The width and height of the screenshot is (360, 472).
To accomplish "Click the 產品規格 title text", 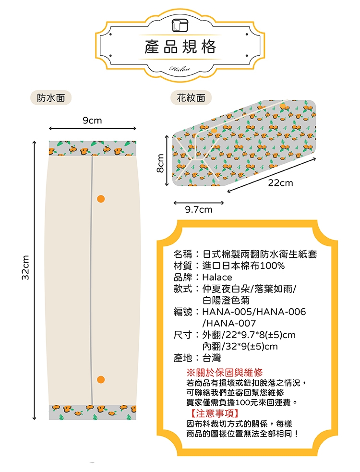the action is [x=180, y=47].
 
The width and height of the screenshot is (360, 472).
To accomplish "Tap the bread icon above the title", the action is [x=180, y=25].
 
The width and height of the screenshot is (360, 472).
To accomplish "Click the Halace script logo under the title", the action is [x=180, y=69].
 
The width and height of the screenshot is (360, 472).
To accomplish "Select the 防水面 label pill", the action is [x=51, y=97].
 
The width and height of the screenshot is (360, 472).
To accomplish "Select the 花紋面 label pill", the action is [x=191, y=97].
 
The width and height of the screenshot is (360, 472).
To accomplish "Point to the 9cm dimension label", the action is [x=93, y=121].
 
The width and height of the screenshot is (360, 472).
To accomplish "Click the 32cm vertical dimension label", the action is [x=26, y=267].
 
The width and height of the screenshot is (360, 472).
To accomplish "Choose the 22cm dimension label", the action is [x=280, y=183].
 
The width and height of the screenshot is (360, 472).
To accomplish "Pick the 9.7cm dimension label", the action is [x=199, y=209].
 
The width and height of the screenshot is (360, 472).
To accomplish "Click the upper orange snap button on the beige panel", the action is [x=101, y=199].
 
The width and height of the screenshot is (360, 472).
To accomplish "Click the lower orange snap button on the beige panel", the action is [x=101, y=379].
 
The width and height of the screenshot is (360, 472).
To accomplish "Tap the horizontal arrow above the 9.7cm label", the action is [x=199, y=203].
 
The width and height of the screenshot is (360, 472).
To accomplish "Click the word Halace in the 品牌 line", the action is [x=217, y=277].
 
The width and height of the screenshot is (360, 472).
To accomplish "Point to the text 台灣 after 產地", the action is [x=212, y=358].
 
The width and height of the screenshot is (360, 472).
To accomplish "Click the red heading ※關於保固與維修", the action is [x=225, y=373].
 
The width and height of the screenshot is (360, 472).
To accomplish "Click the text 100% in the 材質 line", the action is [x=272, y=266].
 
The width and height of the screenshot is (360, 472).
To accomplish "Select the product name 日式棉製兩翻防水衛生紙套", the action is [x=260, y=254].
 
